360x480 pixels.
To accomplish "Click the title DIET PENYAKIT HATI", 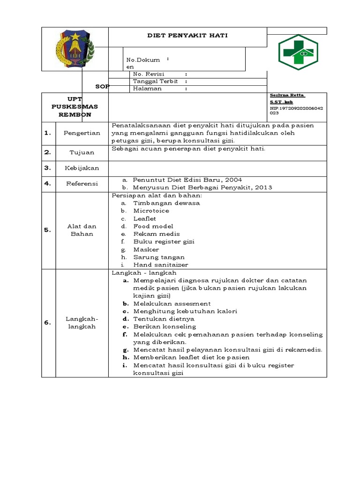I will (187, 36).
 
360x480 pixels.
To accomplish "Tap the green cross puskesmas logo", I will (298, 52).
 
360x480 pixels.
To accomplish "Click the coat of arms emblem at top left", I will (75, 48).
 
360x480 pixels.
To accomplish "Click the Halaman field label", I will (147, 88).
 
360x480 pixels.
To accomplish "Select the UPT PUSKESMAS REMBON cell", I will (75, 107).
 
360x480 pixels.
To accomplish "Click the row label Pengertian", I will (82, 133).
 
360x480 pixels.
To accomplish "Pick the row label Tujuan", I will (82, 152).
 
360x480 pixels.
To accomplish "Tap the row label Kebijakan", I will (82, 168).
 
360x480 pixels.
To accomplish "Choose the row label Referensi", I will (82, 184).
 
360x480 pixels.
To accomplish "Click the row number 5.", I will (48, 230).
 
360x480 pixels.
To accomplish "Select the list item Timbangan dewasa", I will (166, 203).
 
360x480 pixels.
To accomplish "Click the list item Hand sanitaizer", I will (160, 265).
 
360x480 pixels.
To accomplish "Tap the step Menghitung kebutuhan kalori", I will (185, 311).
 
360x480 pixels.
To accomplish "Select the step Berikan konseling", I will (165, 326).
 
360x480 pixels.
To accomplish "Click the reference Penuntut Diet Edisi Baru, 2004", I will (187, 180).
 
